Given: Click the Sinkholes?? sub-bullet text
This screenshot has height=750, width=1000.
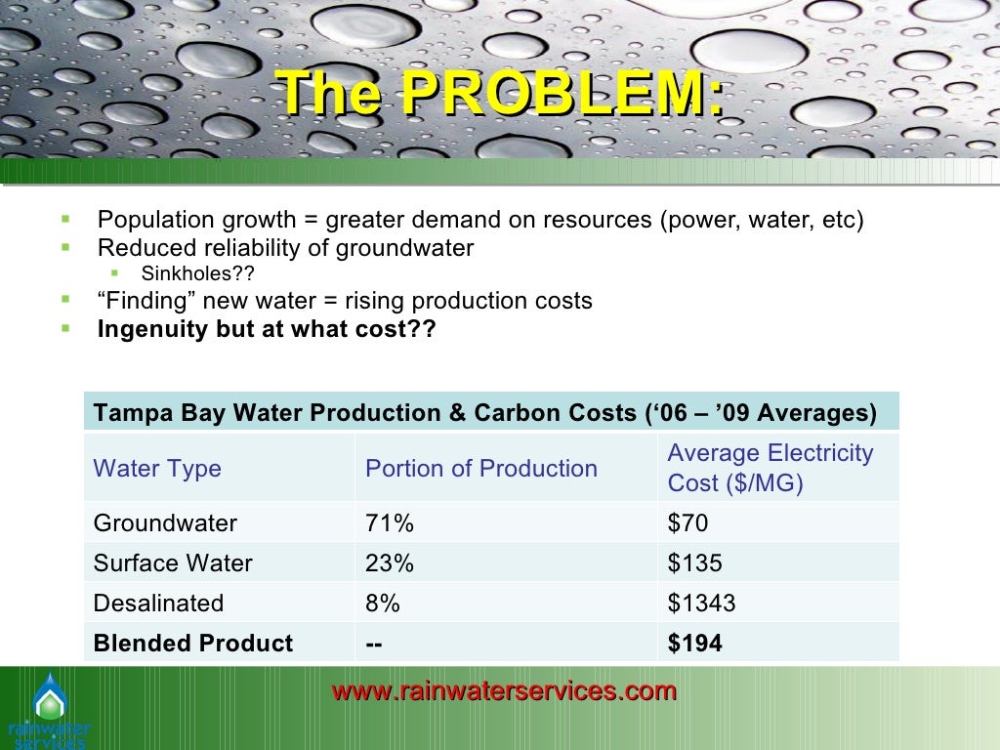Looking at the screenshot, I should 203,273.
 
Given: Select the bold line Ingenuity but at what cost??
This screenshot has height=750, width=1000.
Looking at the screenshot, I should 267,329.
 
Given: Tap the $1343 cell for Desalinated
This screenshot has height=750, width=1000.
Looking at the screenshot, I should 701,604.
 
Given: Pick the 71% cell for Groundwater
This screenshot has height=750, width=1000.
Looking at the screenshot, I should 389,523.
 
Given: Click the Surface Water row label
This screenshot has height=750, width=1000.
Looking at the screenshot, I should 173,563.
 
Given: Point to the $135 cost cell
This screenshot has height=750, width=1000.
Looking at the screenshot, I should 694,563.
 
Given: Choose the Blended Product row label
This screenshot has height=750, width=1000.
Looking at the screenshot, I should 192,644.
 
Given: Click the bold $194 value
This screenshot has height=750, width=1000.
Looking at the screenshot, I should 694,644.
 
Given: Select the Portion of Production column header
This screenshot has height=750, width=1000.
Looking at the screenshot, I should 480,469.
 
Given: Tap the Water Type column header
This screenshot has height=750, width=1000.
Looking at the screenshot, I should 157,469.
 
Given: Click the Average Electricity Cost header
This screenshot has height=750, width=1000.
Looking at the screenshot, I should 770,468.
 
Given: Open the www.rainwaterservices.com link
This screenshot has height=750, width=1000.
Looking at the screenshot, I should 504,691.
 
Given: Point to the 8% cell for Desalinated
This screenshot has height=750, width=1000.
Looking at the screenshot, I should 382,604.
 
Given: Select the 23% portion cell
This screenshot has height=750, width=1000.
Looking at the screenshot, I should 389,563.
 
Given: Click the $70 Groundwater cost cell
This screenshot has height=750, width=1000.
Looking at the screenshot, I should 687,523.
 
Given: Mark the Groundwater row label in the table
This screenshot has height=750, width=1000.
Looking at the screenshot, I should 165,523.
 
